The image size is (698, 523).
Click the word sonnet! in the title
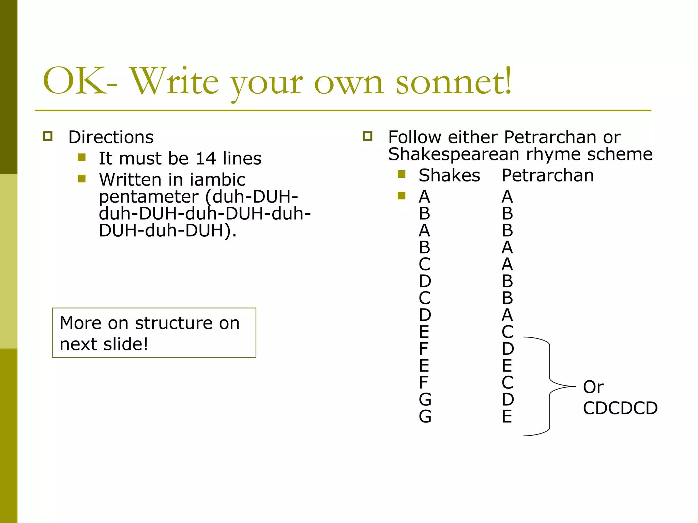pos(454,82)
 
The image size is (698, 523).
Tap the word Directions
pos(111,137)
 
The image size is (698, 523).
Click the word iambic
pos(217,180)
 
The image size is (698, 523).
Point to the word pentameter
pos(149,197)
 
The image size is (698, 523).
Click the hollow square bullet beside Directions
pos(48,136)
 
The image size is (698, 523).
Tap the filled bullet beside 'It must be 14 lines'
pos(81,157)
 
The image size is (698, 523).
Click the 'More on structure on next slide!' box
pos(154,333)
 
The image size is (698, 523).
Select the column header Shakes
pos(449,176)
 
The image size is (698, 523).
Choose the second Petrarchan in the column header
pos(548,176)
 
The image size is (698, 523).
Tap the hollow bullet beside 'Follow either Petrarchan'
pos(367,136)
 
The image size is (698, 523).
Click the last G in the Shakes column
pos(425,416)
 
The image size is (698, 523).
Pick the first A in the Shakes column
pos(424,197)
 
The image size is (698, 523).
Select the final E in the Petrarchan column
pos(507,416)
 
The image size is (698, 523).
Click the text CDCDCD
pos(620,408)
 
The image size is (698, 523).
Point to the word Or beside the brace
pos(593,387)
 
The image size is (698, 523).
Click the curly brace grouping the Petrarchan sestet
pos(550,386)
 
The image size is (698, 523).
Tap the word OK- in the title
pos(80,82)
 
